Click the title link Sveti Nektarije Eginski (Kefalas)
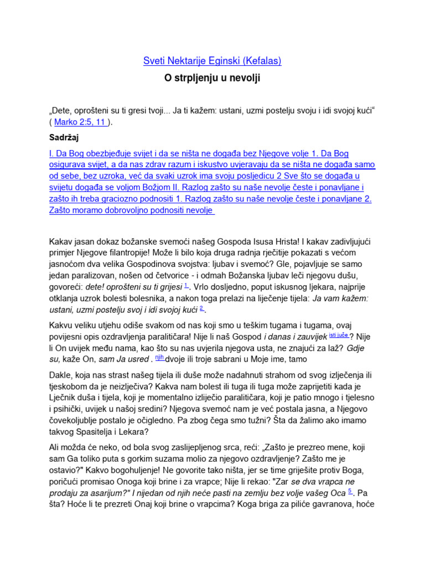pos(212,61)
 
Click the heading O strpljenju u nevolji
pos(212,79)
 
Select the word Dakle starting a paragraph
pos(62,375)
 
